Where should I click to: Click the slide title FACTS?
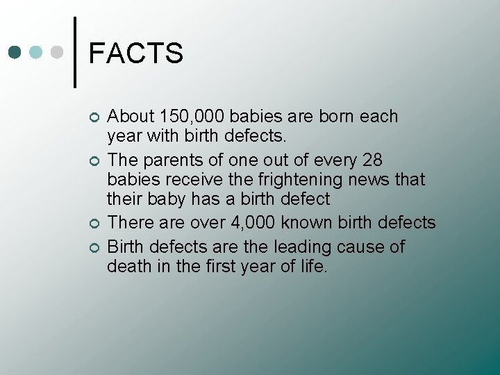click(136, 53)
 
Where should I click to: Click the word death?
click(128, 266)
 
